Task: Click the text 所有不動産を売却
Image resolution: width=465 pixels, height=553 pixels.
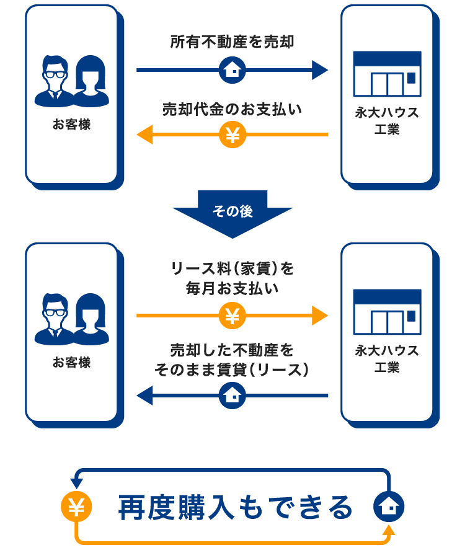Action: coord(232,42)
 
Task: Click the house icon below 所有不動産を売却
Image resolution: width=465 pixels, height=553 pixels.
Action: coord(232,70)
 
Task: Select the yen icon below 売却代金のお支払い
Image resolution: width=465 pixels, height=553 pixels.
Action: coord(232,135)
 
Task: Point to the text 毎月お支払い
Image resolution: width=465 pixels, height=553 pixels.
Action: coord(232,288)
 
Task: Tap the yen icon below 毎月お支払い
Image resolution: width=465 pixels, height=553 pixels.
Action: coord(232,316)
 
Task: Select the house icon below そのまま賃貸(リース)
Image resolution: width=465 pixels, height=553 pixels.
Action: coord(232,395)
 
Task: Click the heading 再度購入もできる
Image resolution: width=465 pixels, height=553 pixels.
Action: coord(236,507)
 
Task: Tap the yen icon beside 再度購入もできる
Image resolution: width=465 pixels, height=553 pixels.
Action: coord(76,508)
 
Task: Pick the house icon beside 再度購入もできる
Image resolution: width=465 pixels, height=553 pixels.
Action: coord(389,508)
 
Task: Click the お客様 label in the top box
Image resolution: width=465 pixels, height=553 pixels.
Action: coord(71,124)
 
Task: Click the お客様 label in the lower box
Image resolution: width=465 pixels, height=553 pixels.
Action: coord(71,362)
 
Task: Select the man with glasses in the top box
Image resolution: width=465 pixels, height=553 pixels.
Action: coord(54,81)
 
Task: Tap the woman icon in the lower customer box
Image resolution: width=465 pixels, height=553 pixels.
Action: coord(91,319)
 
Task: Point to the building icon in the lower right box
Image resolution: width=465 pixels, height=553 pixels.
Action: coord(387,311)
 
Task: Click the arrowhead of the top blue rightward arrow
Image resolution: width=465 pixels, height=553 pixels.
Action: coord(319,70)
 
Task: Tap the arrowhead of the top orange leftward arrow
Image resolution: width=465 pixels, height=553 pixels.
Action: coord(145,135)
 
